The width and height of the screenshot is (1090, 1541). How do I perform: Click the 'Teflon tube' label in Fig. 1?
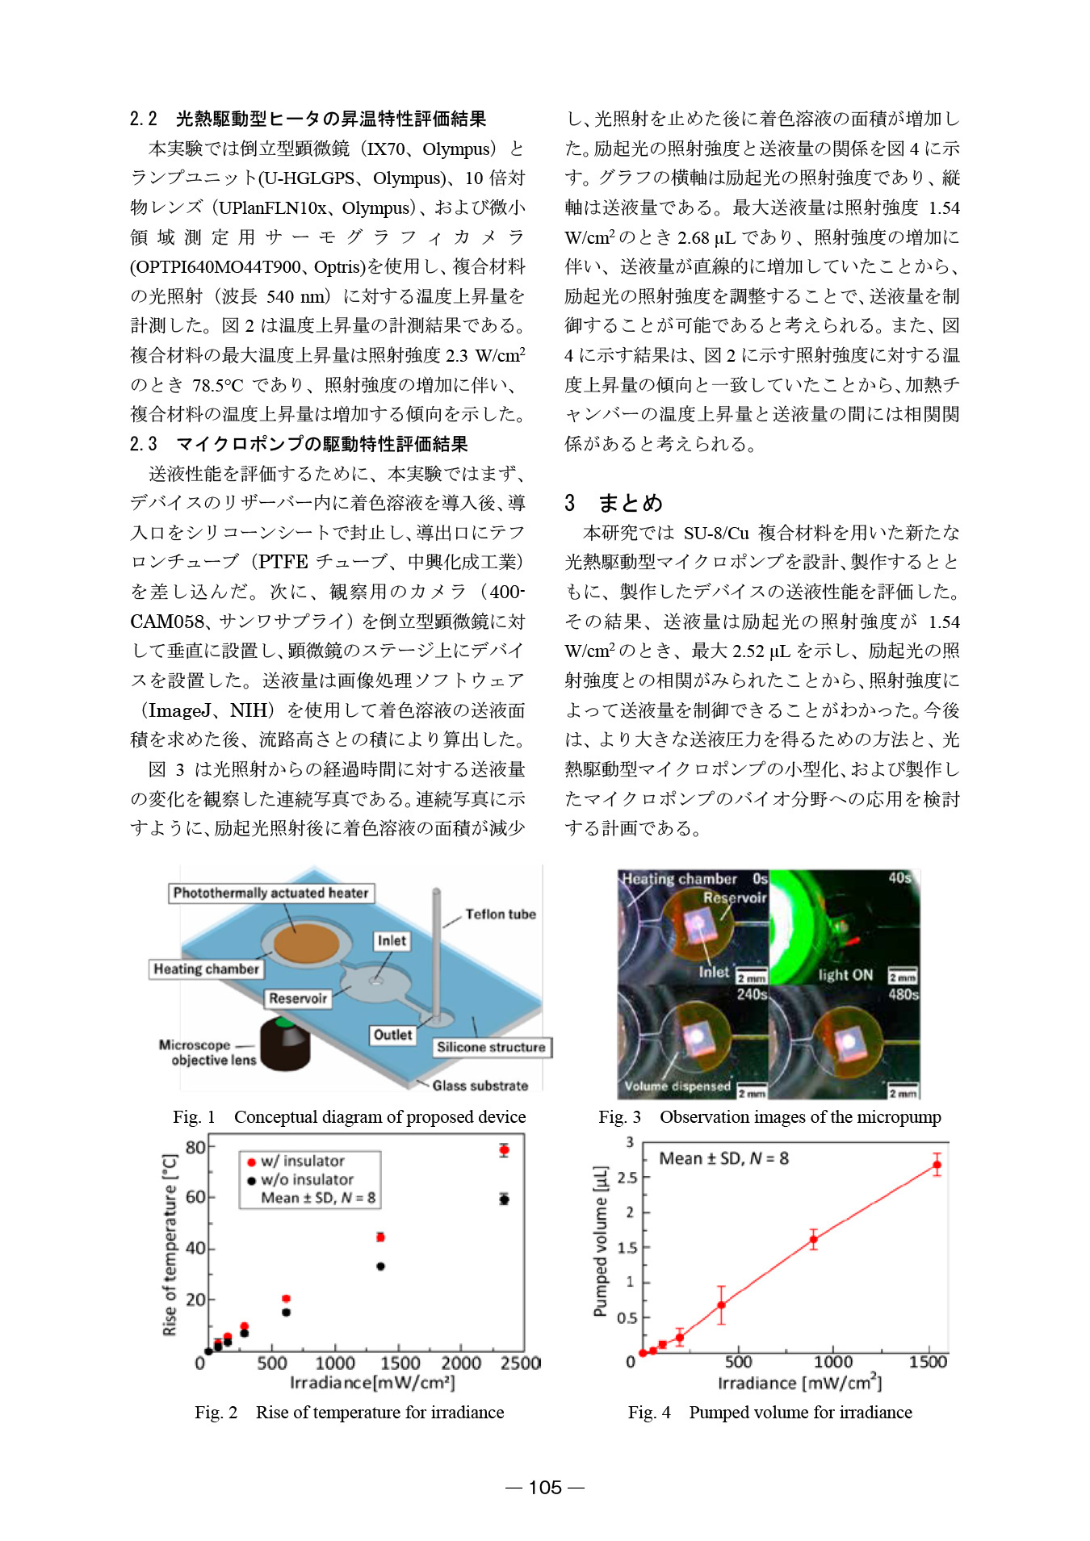click(500, 914)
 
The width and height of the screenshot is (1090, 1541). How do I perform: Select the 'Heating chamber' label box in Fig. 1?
click(207, 969)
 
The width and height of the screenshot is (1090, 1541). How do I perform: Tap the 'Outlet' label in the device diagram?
click(392, 1035)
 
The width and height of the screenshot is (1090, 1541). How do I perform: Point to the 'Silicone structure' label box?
click(491, 1047)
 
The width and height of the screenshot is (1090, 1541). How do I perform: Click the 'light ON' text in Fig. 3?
click(845, 974)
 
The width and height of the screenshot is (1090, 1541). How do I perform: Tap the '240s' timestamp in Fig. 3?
click(751, 995)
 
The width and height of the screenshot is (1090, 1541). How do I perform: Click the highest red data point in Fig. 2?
click(504, 1149)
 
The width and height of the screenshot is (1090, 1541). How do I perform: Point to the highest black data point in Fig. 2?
click(504, 1200)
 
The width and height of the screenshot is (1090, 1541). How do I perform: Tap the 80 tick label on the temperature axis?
click(195, 1147)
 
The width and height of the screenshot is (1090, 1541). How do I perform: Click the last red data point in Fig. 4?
click(937, 1165)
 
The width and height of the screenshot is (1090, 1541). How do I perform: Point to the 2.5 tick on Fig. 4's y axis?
click(627, 1178)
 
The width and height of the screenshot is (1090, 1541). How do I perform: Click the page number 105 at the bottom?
click(545, 1488)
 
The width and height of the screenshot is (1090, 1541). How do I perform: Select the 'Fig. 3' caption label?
click(619, 1117)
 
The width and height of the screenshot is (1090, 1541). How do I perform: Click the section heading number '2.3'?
click(143, 444)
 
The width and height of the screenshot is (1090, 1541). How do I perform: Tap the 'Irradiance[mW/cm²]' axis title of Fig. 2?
click(372, 1383)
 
